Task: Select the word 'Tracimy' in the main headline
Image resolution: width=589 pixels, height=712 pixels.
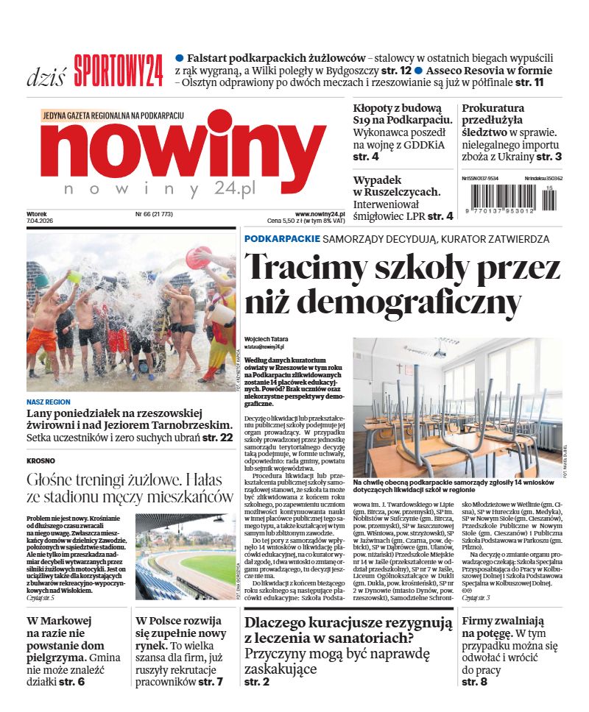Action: pos(303,266)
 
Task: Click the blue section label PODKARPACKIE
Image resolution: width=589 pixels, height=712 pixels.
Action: pos(282,239)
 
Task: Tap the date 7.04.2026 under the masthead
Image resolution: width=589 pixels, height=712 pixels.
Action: pos(40,221)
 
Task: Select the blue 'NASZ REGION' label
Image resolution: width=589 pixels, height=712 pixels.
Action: pos(49,402)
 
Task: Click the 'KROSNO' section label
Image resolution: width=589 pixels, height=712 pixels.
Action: pos(40,460)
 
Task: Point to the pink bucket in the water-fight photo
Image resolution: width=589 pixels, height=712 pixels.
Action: pos(197,257)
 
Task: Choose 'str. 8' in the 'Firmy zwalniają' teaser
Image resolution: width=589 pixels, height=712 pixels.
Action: pos(475,682)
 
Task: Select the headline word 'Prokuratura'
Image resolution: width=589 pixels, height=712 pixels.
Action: pos(493,108)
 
